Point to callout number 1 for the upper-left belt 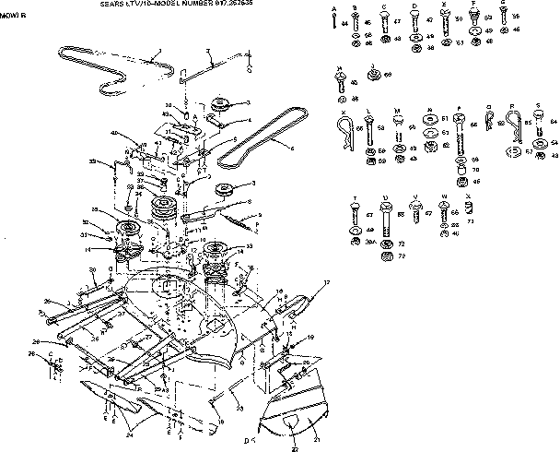(159, 53)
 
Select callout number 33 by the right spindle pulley (249, 247)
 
